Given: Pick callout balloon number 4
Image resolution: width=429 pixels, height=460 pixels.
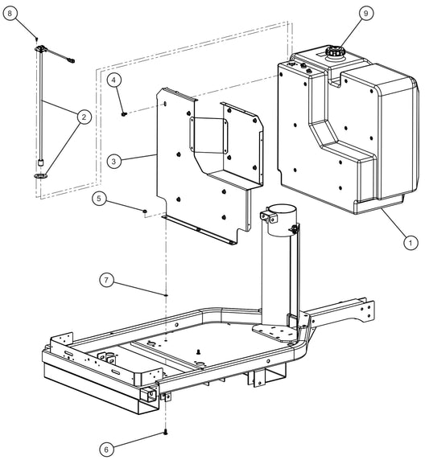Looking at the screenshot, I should (x=116, y=80).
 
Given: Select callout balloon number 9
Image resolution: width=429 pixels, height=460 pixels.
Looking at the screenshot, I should (x=344, y=14).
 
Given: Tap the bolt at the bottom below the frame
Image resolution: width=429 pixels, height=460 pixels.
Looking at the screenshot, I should (x=165, y=433).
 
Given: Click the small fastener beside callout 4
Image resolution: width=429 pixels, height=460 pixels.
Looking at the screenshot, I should (x=123, y=113).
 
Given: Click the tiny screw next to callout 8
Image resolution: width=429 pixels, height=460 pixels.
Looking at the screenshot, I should (x=37, y=39).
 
